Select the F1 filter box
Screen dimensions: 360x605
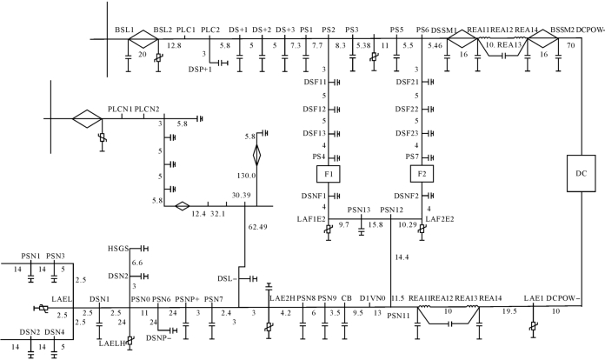[332, 174]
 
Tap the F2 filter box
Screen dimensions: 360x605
[422, 174]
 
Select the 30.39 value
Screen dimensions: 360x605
[243, 196]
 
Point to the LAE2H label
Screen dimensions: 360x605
[283, 299]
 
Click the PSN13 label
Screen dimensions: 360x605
[359, 210]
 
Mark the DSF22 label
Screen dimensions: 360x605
[407, 110]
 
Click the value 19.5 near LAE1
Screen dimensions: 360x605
[511, 310]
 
